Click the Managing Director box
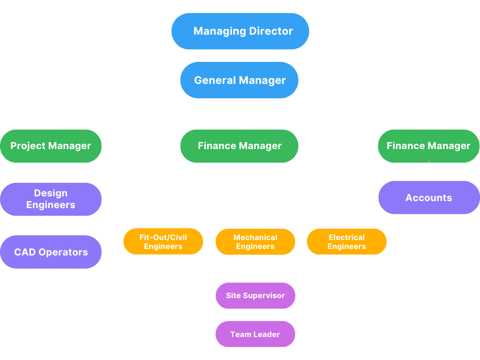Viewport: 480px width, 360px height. point(240,31)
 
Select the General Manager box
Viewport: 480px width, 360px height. point(239,80)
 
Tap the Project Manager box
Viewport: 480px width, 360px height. point(51,146)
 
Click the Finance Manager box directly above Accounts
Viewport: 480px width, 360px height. point(428,146)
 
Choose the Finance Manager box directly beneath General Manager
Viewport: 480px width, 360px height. point(239,146)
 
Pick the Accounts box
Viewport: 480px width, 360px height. point(428,197)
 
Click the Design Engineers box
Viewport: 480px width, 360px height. point(51,199)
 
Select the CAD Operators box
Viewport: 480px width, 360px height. point(51,252)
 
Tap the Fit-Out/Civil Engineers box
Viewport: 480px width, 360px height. point(163,241)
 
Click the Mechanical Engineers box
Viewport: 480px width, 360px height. point(255,241)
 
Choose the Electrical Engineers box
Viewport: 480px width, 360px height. point(347,241)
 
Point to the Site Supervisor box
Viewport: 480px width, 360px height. point(255,295)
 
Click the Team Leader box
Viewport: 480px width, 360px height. point(255,334)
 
